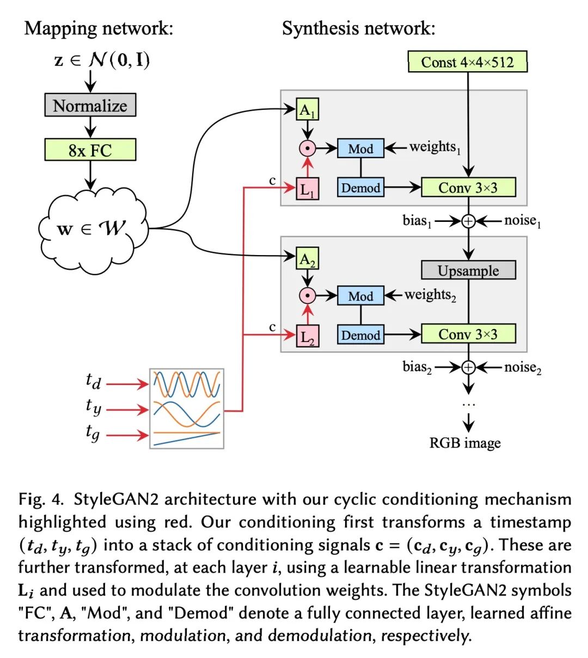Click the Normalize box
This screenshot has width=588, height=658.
coord(90,105)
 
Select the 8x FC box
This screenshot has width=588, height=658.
coord(90,150)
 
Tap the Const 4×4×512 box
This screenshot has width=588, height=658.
coord(468,62)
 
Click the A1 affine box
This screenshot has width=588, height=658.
coord(307,110)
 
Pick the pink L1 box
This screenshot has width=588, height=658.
coord(307,189)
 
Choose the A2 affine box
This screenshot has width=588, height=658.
coord(307,258)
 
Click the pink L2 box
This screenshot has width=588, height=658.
coord(307,336)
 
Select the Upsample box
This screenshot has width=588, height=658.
coord(468,270)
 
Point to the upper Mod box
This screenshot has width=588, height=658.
coord(360,148)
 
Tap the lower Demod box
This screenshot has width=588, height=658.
coord(360,335)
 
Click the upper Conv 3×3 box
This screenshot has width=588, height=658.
coord(468,188)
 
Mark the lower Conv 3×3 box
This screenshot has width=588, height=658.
coord(468,334)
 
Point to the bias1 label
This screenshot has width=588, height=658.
coord(417,221)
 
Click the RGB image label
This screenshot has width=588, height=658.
coord(465,443)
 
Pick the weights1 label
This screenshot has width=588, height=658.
coord(435,147)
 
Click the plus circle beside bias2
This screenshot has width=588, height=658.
coord(468,368)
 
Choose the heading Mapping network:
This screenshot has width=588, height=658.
coord(99,28)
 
